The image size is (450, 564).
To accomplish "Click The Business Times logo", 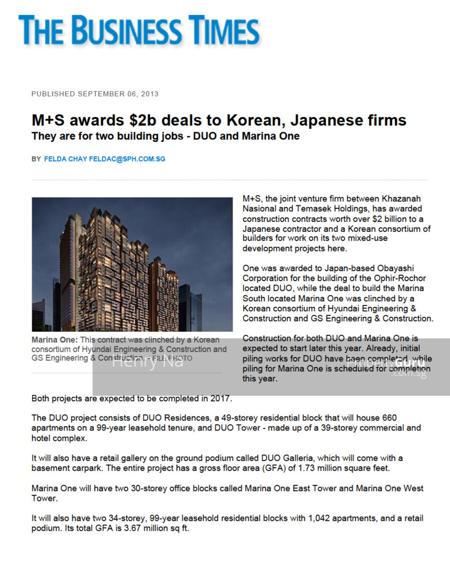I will pyautogui.click(x=139, y=30).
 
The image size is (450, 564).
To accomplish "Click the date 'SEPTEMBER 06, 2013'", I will pyautogui.click(x=118, y=94).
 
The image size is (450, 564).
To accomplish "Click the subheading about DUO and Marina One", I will pyautogui.click(x=165, y=136).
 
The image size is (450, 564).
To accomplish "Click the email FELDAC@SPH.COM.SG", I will pyautogui.click(x=127, y=159).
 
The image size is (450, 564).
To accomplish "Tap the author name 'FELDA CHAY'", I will pyautogui.click(x=65, y=159).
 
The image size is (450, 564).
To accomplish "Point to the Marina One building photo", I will pyautogui.click(x=132, y=264).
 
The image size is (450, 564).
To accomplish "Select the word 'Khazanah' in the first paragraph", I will pyautogui.click(x=401, y=199).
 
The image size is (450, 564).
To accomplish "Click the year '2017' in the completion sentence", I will pyautogui.click(x=220, y=399).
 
